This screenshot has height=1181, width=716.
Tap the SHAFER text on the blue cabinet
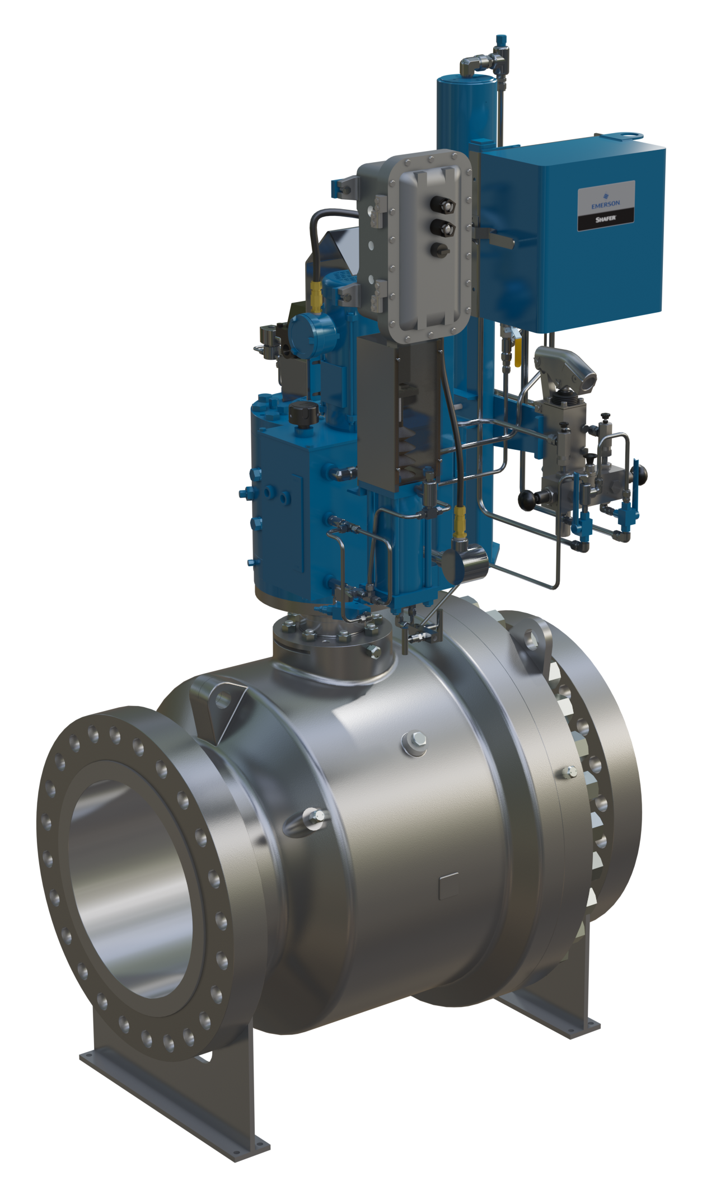[x=606, y=219]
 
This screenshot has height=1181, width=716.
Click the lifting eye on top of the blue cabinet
[x=628, y=136]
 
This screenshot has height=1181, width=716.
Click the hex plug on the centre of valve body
[x=414, y=741]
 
